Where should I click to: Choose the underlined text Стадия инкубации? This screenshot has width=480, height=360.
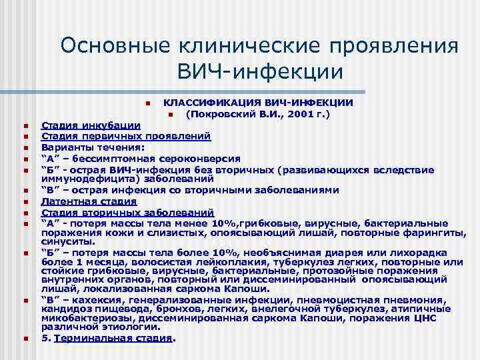tap(91, 125)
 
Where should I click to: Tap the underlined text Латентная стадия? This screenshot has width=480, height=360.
tap(89, 201)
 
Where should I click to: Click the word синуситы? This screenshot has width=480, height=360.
tap(64, 243)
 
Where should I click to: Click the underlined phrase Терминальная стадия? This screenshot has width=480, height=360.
tap(113, 338)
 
